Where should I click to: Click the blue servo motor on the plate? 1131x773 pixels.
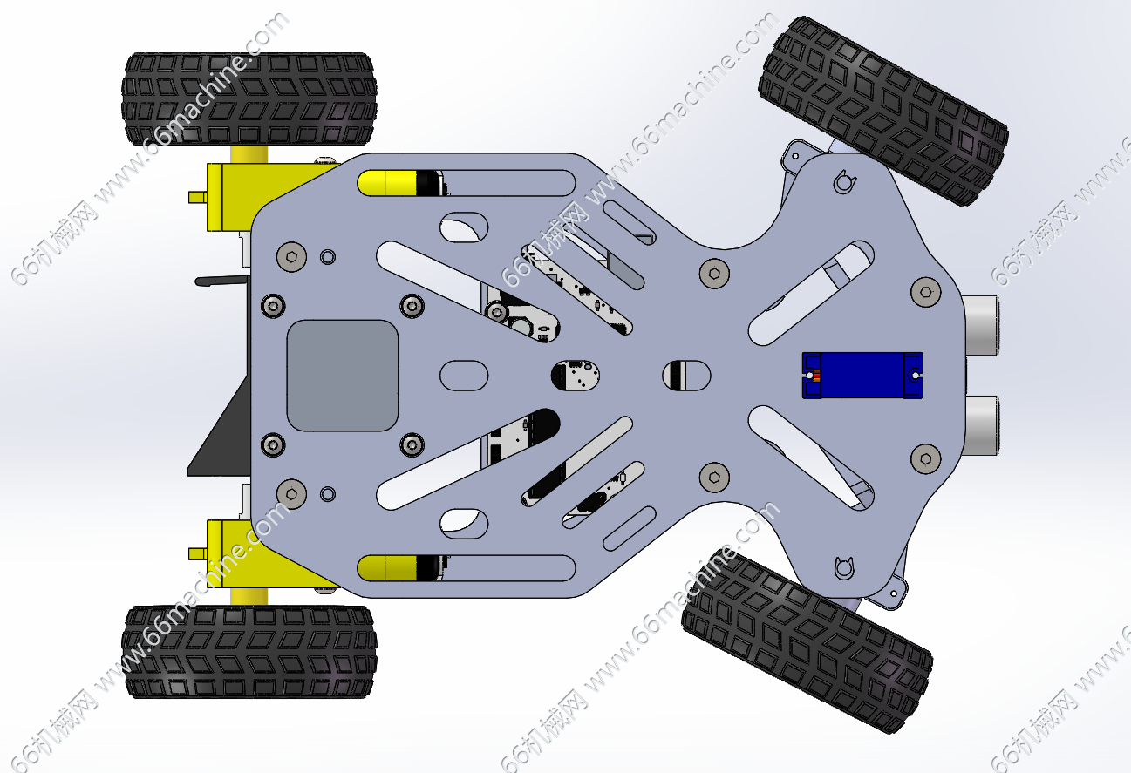coord(862,376)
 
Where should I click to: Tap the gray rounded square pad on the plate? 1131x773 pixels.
coord(343,375)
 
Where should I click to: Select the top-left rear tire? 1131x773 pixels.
coord(249,99)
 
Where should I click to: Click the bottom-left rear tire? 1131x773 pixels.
coord(249,652)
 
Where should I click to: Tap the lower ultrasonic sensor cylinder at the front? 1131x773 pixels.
coord(982,425)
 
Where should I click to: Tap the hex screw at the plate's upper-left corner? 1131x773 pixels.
coord(291,255)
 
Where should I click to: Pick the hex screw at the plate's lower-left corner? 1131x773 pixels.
coord(291,492)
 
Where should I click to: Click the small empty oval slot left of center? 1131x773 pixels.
coord(463,375)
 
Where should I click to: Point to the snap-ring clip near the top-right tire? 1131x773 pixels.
coord(843,182)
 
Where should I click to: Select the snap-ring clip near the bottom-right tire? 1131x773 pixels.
coord(843,567)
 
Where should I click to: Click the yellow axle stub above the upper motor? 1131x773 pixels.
coord(248,153)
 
